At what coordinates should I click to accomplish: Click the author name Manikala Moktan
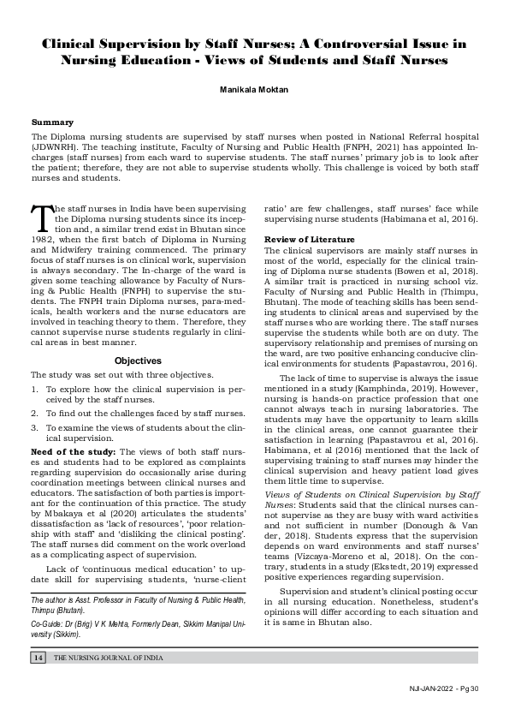point(254,88)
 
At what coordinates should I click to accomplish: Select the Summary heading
point(52,122)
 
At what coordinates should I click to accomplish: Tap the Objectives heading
point(138,337)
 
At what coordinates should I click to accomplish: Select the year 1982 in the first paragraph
point(42,241)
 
